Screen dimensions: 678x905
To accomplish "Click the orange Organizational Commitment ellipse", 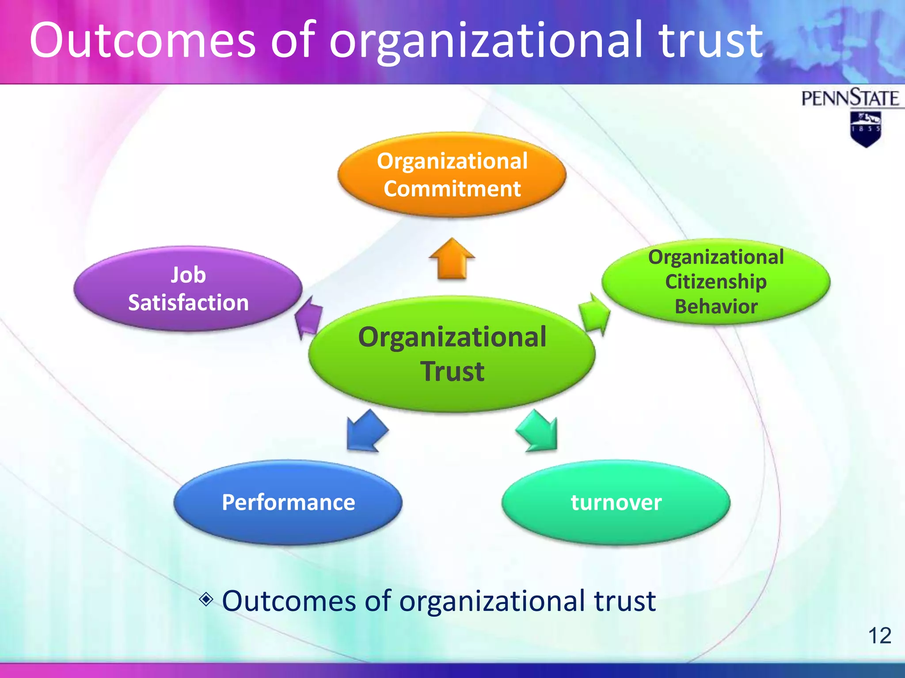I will [x=452, y=175].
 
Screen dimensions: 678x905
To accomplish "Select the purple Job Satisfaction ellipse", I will [x=188, y=289].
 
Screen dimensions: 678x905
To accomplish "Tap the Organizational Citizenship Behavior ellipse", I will [x=716, y=282].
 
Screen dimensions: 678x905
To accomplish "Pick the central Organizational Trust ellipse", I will [x=452, y=354].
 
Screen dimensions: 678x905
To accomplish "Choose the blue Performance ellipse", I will [x=288, y=502].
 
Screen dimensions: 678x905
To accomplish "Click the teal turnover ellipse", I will [x=616, y=502].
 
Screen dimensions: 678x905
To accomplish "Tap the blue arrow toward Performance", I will [x=365, y=432].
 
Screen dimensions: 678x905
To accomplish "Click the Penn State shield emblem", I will [x=865, y=128].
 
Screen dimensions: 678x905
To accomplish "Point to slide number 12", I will [x=879, y=636].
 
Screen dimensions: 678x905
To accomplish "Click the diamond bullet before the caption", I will [x=206, y=599].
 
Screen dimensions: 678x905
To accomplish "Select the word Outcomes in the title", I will [x=142, y=41].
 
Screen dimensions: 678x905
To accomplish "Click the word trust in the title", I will [x=711, y=41].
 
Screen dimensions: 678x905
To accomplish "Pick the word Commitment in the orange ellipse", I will [x=452, y=189].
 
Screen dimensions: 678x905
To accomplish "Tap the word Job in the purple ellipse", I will [x=188, y=275].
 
